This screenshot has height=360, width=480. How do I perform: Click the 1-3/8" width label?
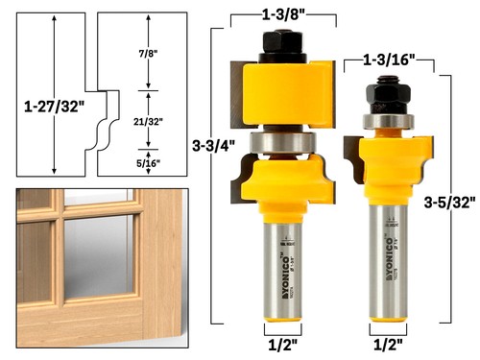pos(282,12)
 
